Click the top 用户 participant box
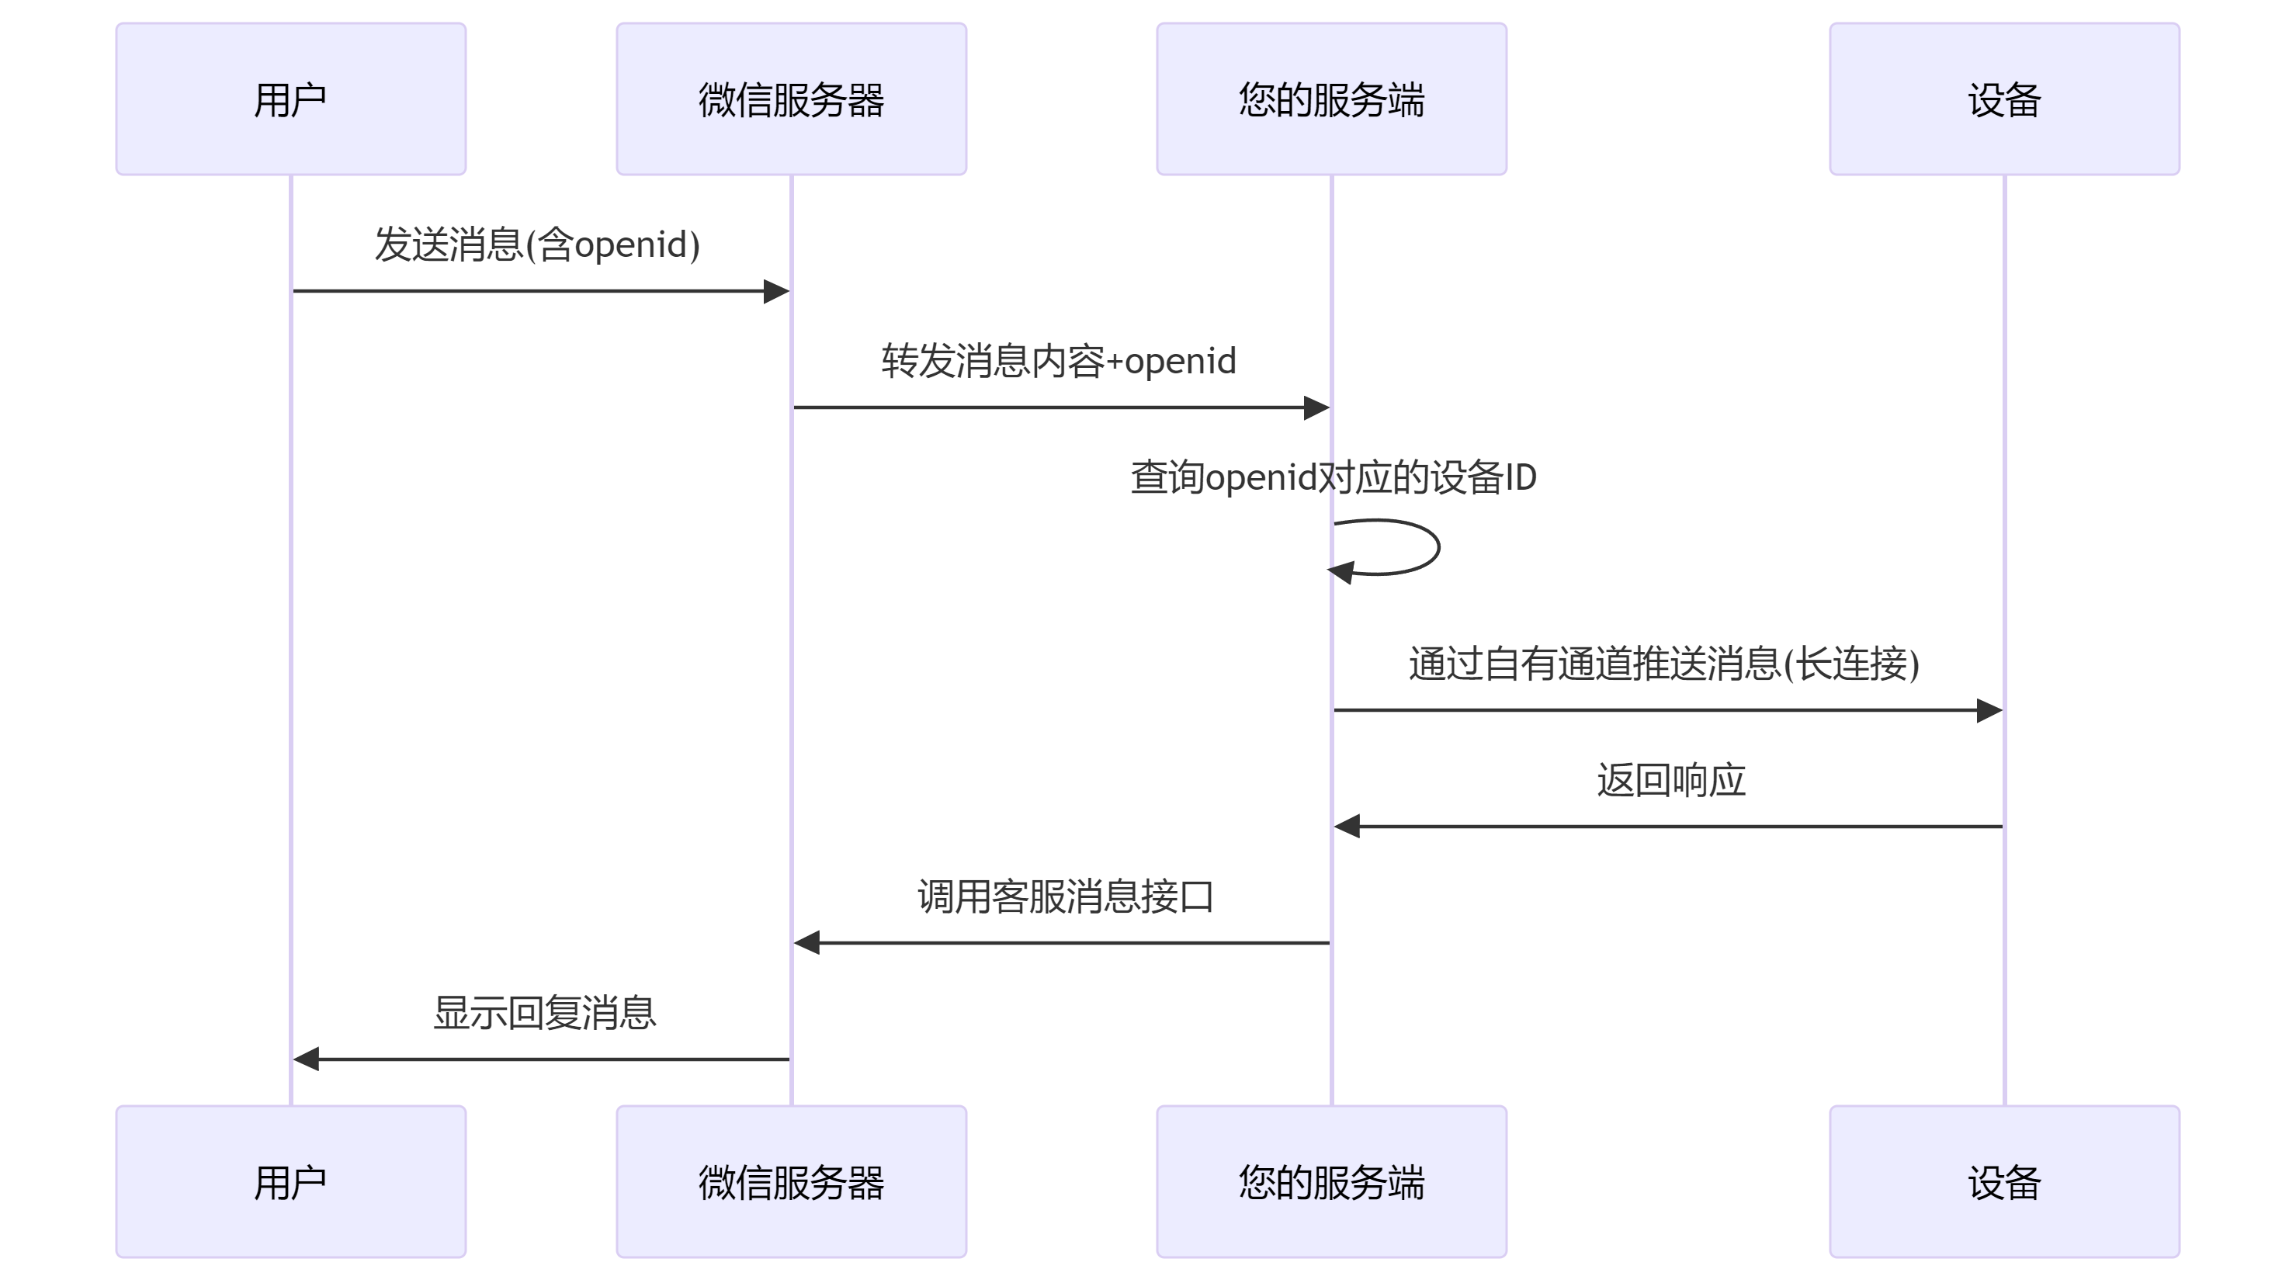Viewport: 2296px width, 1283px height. point(290,99)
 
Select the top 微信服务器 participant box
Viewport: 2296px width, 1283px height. point(791,99)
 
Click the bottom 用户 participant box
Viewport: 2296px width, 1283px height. point(290,1181)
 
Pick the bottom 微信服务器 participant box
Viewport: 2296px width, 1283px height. point(791,1181)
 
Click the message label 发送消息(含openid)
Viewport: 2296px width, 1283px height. point(536,244)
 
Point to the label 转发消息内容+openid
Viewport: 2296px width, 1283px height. point(1058,361)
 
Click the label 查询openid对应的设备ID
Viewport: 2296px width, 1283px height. point(1333,477)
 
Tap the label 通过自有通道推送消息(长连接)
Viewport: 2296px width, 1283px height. point(1663,664)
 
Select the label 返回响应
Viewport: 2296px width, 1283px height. point(1670,779)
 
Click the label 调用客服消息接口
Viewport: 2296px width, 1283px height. point(1065,896)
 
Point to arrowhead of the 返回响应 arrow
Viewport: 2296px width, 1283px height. point(1347,826)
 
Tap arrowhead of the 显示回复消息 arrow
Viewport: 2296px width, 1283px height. point(306,1059)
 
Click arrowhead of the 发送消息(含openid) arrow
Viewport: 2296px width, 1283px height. point(776,290)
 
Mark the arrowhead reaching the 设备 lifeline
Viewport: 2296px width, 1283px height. point(1989,710)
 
